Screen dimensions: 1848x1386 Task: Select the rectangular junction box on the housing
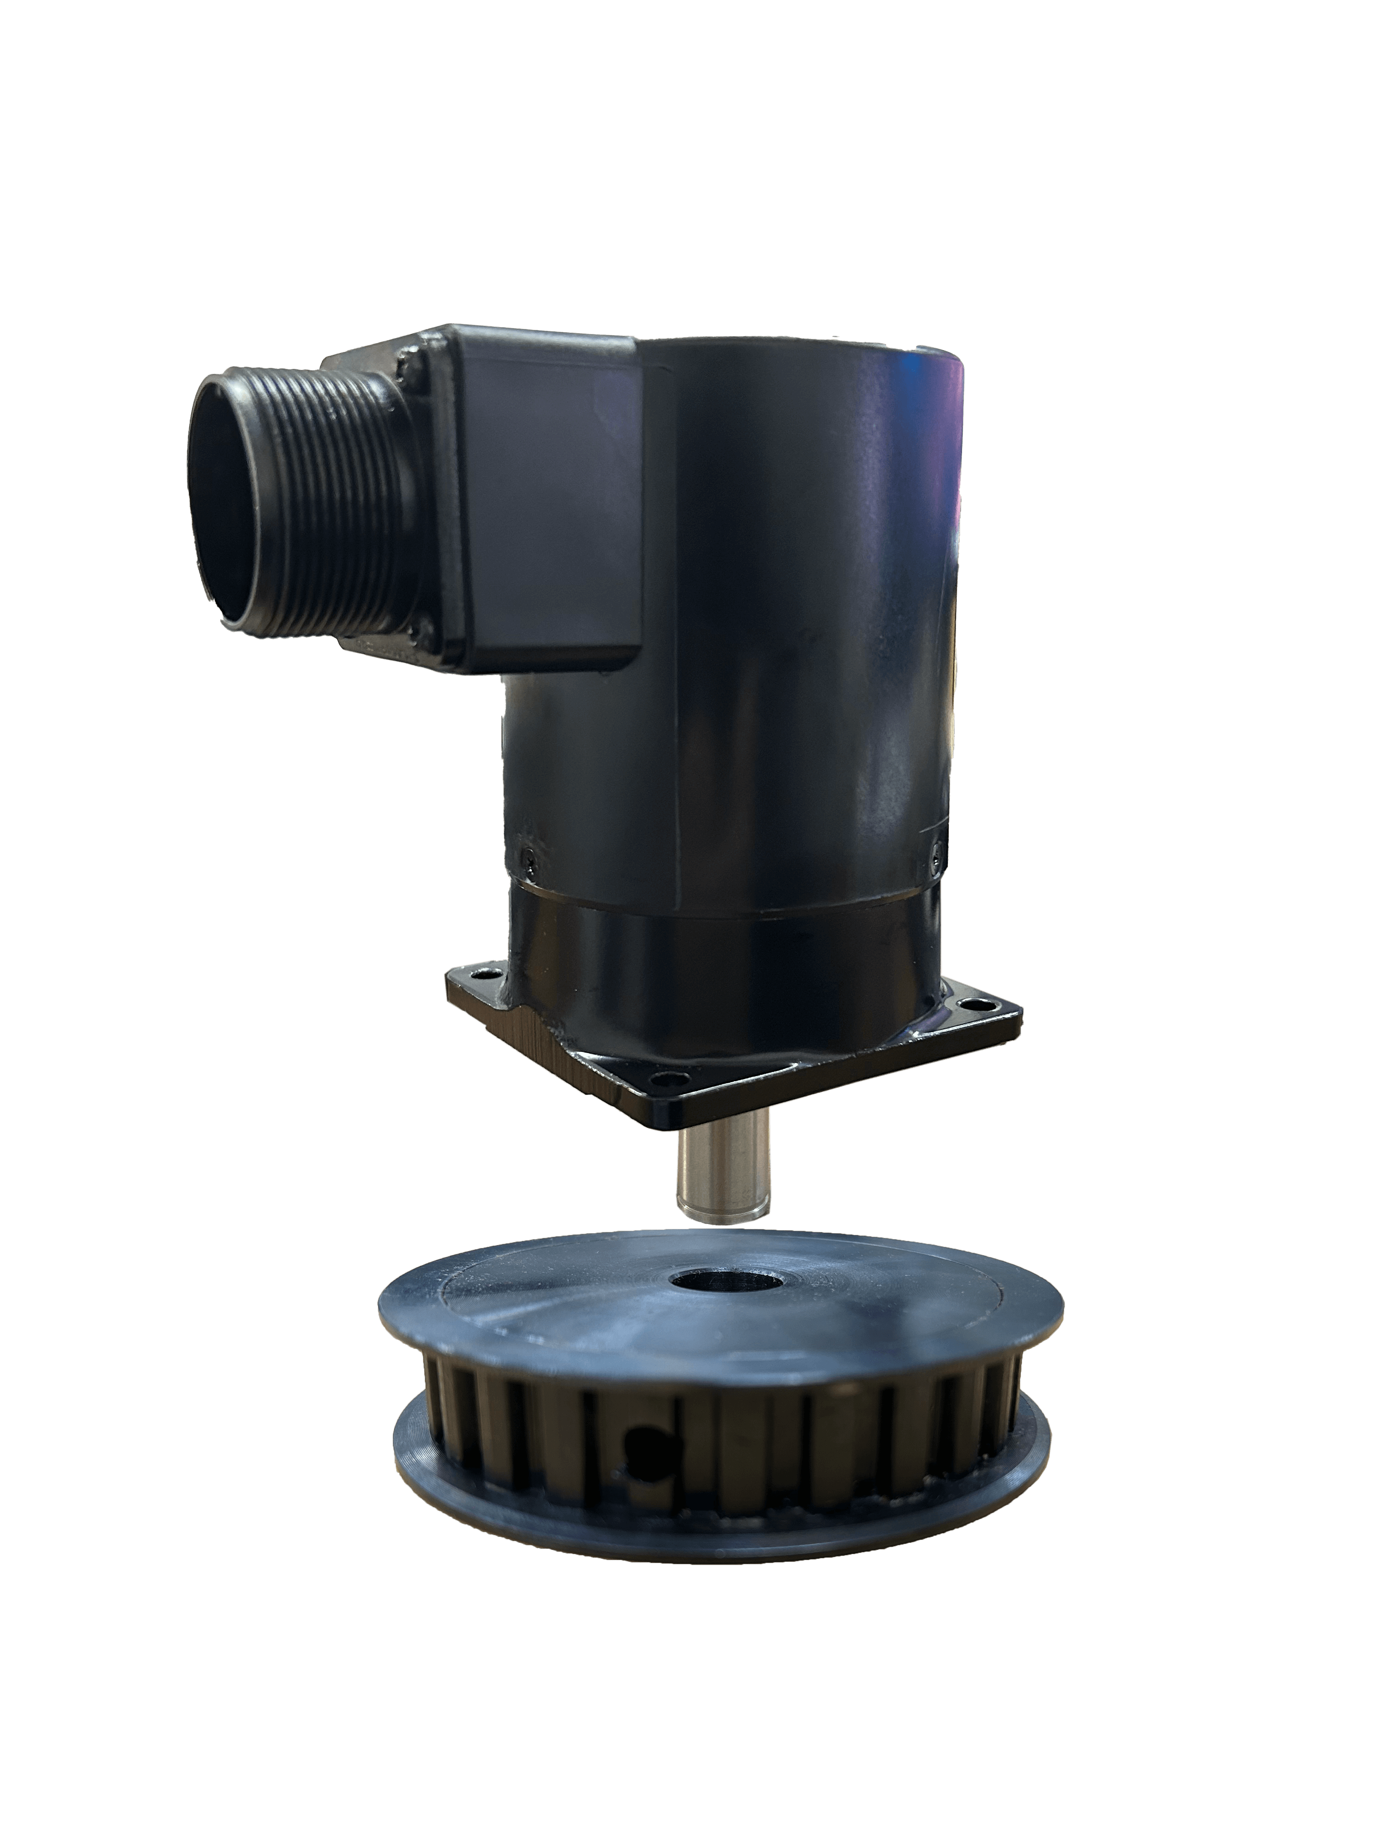click(x=543, y=501)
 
